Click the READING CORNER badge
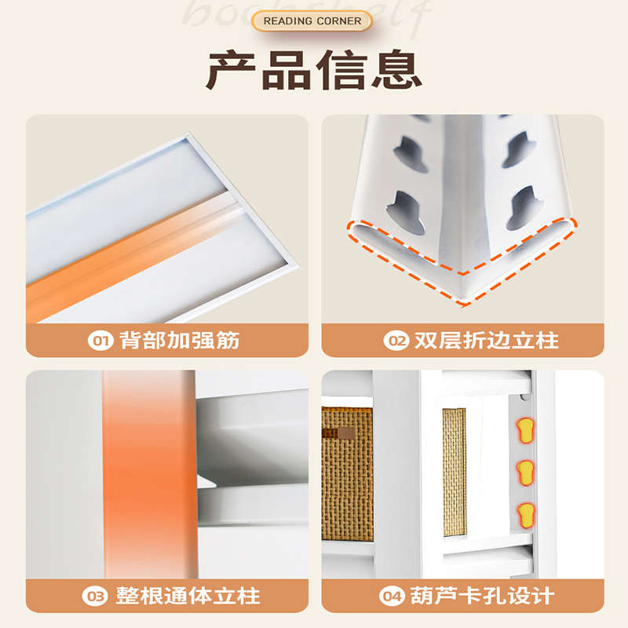(312, 20)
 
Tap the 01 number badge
(100, 341)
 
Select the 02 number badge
(395, 341)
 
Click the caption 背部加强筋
(179, 341)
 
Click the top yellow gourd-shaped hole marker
(524, 429)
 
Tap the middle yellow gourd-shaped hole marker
(524, 472)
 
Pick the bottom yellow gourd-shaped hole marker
(524, 515)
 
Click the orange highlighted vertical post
(149, 471)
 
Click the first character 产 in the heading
(232, 71)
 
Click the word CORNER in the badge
(340, 20)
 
